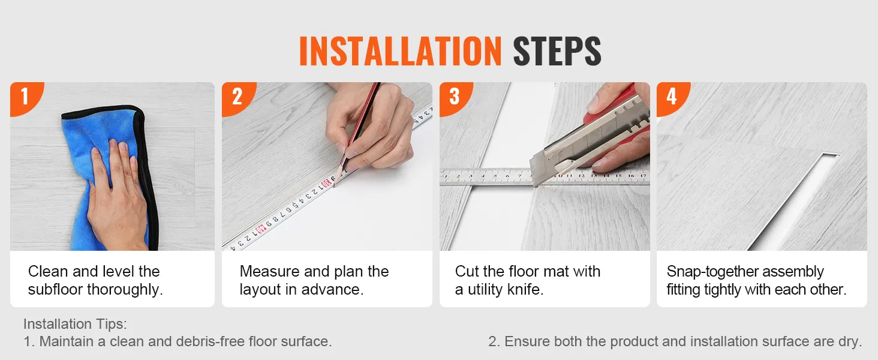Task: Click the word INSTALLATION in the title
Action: (x=400, y=52)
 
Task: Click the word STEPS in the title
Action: (x=557, y=52)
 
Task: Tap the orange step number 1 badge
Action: (x=25, y=97)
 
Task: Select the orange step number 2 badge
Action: (x=237, y=97)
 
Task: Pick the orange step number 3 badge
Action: (x=454, y=97)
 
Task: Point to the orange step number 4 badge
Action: (x=671, y=97)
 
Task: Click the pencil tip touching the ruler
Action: (x=334, y=182)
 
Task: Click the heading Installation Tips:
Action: (x=75, y=324)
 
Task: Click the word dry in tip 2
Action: (x=850, y=342)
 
